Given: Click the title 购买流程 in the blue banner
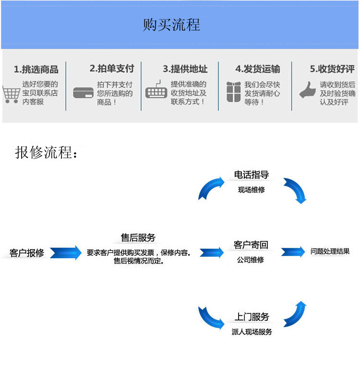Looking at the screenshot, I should click(171, 24).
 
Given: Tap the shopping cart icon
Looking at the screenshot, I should click(11, 94).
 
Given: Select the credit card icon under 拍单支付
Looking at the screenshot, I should click(83, 92).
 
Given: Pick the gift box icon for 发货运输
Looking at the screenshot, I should click(233, 91).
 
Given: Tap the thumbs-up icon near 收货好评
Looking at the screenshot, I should click(307, 90).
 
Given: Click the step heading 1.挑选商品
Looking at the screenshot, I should click(36, 69).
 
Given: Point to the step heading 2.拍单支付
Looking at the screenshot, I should click(111, 68).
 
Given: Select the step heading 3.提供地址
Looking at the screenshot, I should click(185, 69).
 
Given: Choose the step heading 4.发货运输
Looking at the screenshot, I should click(258, 69).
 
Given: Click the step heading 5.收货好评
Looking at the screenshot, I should click(332, 69).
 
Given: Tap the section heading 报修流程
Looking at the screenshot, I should click(46, 152).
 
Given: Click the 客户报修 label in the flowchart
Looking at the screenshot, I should click(27, 253).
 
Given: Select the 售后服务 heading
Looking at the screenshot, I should click(138, 238).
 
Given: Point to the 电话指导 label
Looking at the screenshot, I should click(251, 175).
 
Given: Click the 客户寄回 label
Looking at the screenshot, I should click(251, 245).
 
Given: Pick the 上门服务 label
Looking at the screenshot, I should click(252, 317).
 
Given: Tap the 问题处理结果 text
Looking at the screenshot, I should click(330, 251).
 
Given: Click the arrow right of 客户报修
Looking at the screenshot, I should click(66, 252).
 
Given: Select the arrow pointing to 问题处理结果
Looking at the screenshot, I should click(293, 252).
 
